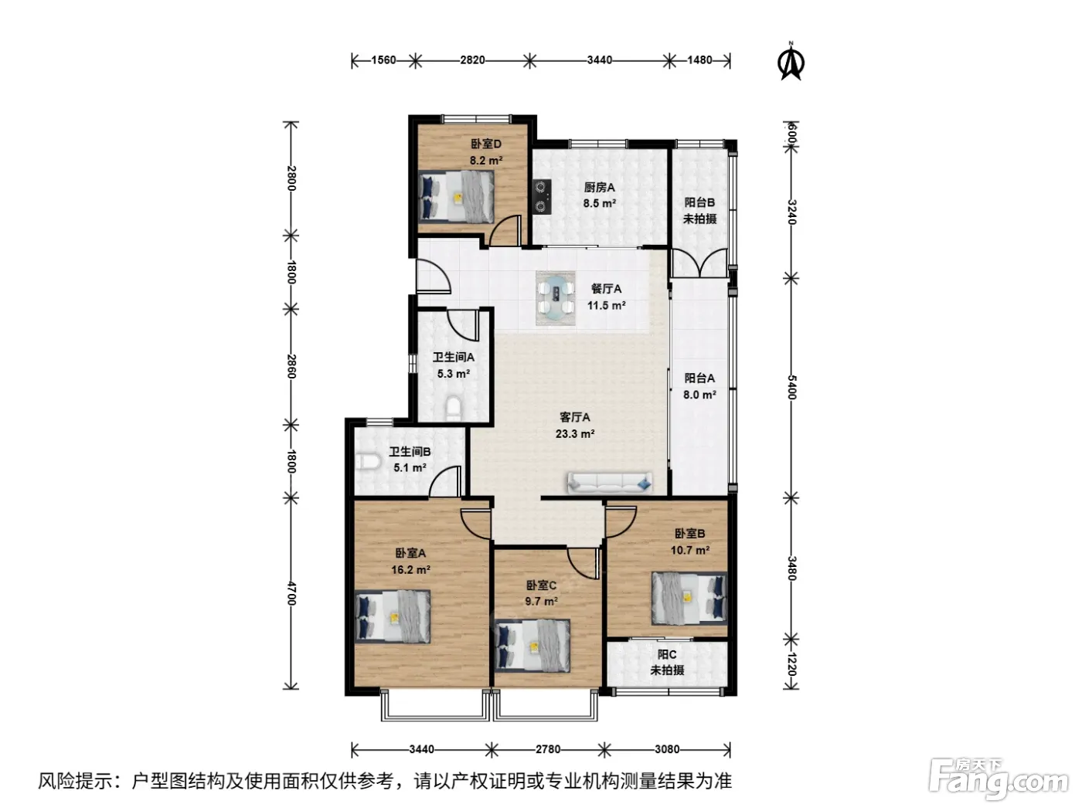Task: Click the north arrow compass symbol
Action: click(x=791, y=61)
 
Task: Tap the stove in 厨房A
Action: click(x=543, y=196)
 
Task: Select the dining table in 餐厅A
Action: click(x=556, y=298)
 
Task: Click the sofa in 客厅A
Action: click(x=610, y=483)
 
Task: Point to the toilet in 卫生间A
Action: click(x=453, y=409)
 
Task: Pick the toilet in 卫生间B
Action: click(x=367, y=462)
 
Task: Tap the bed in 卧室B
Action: click(x=689, y=599)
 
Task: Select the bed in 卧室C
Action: click(x=532, y=646)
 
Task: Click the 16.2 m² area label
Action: click(x=410, y=570)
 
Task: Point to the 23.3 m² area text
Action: click(x=575, y=434)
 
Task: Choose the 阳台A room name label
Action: click(x=699, y=378)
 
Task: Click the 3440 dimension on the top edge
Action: click(x=600, y=60)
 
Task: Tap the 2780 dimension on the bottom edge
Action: click(x=548, y=749)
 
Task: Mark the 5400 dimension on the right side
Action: click(x=791, y=388)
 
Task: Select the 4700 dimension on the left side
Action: click(x=291, y=593)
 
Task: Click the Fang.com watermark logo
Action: click(x=999, y=780)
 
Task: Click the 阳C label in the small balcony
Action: click(x=666, y=654)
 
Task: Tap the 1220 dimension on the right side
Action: click(x=791, y=664)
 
